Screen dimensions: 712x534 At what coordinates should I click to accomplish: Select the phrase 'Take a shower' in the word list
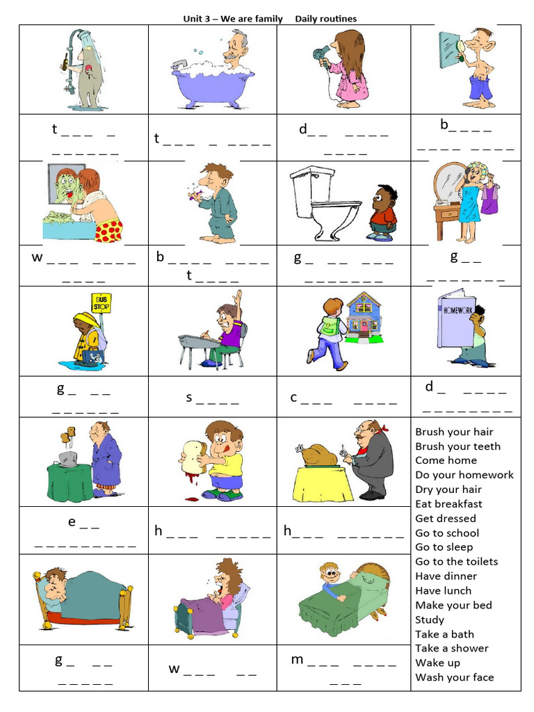452,648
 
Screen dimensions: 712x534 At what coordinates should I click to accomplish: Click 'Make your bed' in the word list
453,605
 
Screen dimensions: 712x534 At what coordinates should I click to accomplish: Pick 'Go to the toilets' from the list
457,561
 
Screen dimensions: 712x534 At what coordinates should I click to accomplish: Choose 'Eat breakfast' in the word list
448,503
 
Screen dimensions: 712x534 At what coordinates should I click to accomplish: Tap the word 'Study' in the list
430,620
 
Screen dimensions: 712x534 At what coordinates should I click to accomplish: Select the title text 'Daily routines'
325,19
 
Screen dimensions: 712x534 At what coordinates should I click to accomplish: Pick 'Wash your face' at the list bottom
455,677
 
